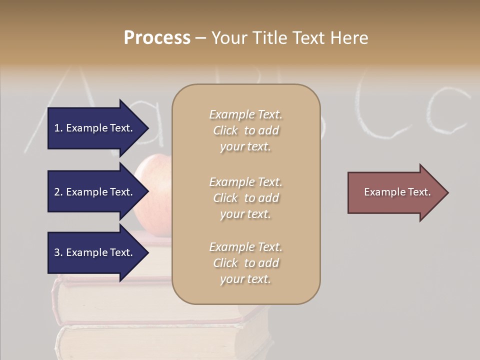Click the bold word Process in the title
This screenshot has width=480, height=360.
[x=157, y=38]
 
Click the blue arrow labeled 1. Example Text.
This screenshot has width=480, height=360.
[x=95, y=128]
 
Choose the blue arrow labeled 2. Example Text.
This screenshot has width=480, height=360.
[x=95, y=192]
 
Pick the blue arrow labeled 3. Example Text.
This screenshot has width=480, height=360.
[x=95, y=252]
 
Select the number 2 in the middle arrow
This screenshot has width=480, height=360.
[x=57, y=192]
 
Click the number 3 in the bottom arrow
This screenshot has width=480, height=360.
[x=57, y=252]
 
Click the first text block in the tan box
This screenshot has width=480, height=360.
[x=245, y=130]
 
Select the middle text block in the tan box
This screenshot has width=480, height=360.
[x=245, y=198]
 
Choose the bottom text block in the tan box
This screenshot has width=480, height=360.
[x=245, y=263]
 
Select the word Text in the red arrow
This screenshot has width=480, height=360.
[x=419, y=192]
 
